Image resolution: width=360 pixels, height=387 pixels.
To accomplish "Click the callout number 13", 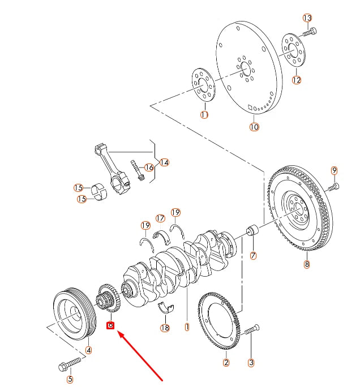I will point(307,18).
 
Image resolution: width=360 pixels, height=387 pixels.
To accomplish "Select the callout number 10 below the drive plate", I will point(254,127).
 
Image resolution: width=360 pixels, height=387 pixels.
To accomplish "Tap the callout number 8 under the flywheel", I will point(306,264).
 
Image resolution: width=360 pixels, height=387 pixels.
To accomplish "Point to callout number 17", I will point(160,218).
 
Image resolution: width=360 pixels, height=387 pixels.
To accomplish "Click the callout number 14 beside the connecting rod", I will point(164,163).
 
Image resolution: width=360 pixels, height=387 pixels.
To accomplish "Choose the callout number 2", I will point(226,363).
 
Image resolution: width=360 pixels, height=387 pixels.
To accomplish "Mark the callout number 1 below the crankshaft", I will point(186,326).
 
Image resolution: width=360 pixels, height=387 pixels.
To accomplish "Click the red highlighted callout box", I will point(111,325).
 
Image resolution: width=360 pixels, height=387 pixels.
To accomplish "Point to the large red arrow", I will point(142,353).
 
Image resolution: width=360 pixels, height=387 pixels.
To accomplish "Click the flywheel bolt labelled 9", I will point(333,186).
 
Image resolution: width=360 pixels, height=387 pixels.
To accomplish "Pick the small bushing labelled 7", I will point(252,231).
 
